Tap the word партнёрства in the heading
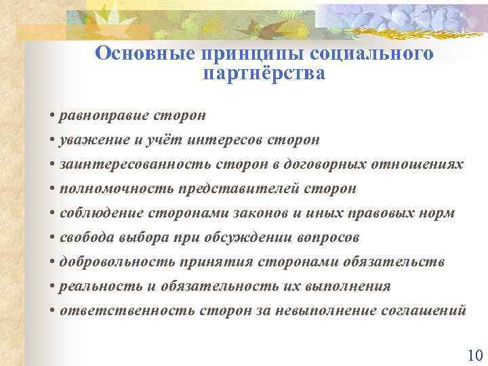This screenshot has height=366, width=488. [x=264, y=73]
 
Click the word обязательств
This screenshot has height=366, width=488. [x=403, y=262]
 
